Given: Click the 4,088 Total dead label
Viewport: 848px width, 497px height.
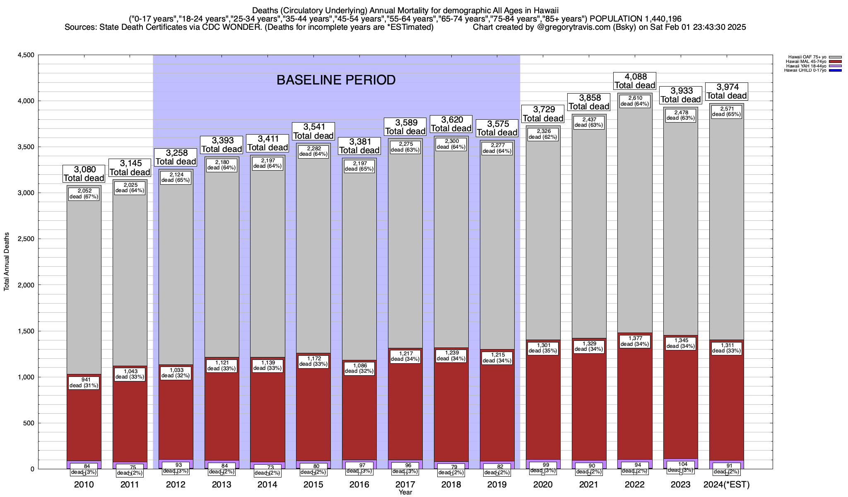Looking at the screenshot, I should [x=635, y=81].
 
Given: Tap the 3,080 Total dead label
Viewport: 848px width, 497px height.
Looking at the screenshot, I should [x=84, y=174].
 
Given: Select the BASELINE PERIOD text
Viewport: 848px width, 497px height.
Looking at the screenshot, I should [x=336, y=80].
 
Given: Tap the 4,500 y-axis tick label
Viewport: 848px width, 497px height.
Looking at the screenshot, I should [x=26, y=55].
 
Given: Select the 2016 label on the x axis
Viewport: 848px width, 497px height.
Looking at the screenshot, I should [x=359, y=485].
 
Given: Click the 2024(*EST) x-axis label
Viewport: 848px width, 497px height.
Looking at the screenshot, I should [x=727, y=485].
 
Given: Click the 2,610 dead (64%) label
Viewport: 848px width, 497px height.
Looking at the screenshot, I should [x=635, y=101].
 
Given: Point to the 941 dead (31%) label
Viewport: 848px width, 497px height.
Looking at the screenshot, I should [x=84, y=383].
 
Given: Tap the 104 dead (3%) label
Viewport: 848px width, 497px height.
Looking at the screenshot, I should [x=681, y=467].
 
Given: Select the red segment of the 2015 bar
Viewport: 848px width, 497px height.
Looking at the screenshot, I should [x=313, y=414].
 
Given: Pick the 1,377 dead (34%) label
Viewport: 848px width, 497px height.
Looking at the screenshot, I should [x=635, y=341].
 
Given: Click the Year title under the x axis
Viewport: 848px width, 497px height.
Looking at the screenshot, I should [x=405, y=492].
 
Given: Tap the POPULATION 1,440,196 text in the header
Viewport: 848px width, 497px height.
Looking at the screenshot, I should [x=636, y=19].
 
